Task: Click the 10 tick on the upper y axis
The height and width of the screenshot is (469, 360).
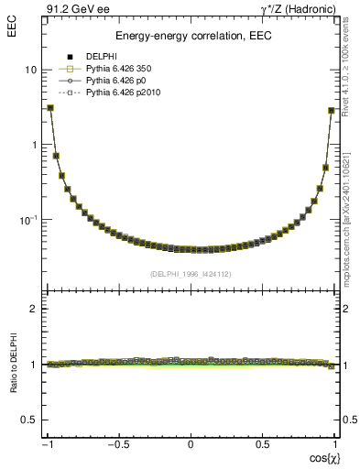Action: [31, 70]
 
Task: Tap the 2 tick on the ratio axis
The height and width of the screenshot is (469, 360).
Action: [33, 309]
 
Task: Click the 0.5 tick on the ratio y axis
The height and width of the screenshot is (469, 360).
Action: [28, 420]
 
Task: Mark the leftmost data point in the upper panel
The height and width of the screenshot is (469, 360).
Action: [50, 107]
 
